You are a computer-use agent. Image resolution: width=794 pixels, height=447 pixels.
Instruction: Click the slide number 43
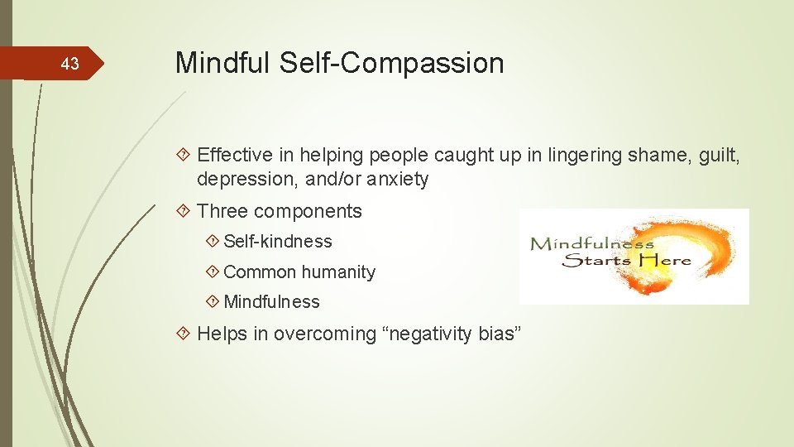(x=70, y=64)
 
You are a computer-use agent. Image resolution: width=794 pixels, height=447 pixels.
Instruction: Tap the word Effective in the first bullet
(x=235, y=155)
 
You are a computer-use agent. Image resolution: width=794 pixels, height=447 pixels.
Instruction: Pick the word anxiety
(x=399, y=179)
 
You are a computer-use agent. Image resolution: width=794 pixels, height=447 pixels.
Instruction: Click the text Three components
(x=280, y=211)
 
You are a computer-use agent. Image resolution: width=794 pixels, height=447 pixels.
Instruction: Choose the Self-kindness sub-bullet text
(x=278, y=242)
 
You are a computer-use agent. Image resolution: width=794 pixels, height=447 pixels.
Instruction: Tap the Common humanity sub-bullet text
(x=299, y=272)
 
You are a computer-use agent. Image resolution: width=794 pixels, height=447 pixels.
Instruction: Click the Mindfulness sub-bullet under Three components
(x=271, y=302)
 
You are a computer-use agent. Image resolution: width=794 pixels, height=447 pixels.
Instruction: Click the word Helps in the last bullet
(x=221, y=334)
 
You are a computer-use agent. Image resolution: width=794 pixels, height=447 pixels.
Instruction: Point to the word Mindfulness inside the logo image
(x=592, y=243)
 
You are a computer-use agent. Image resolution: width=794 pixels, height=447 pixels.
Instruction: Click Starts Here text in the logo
(x=625, y=261)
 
